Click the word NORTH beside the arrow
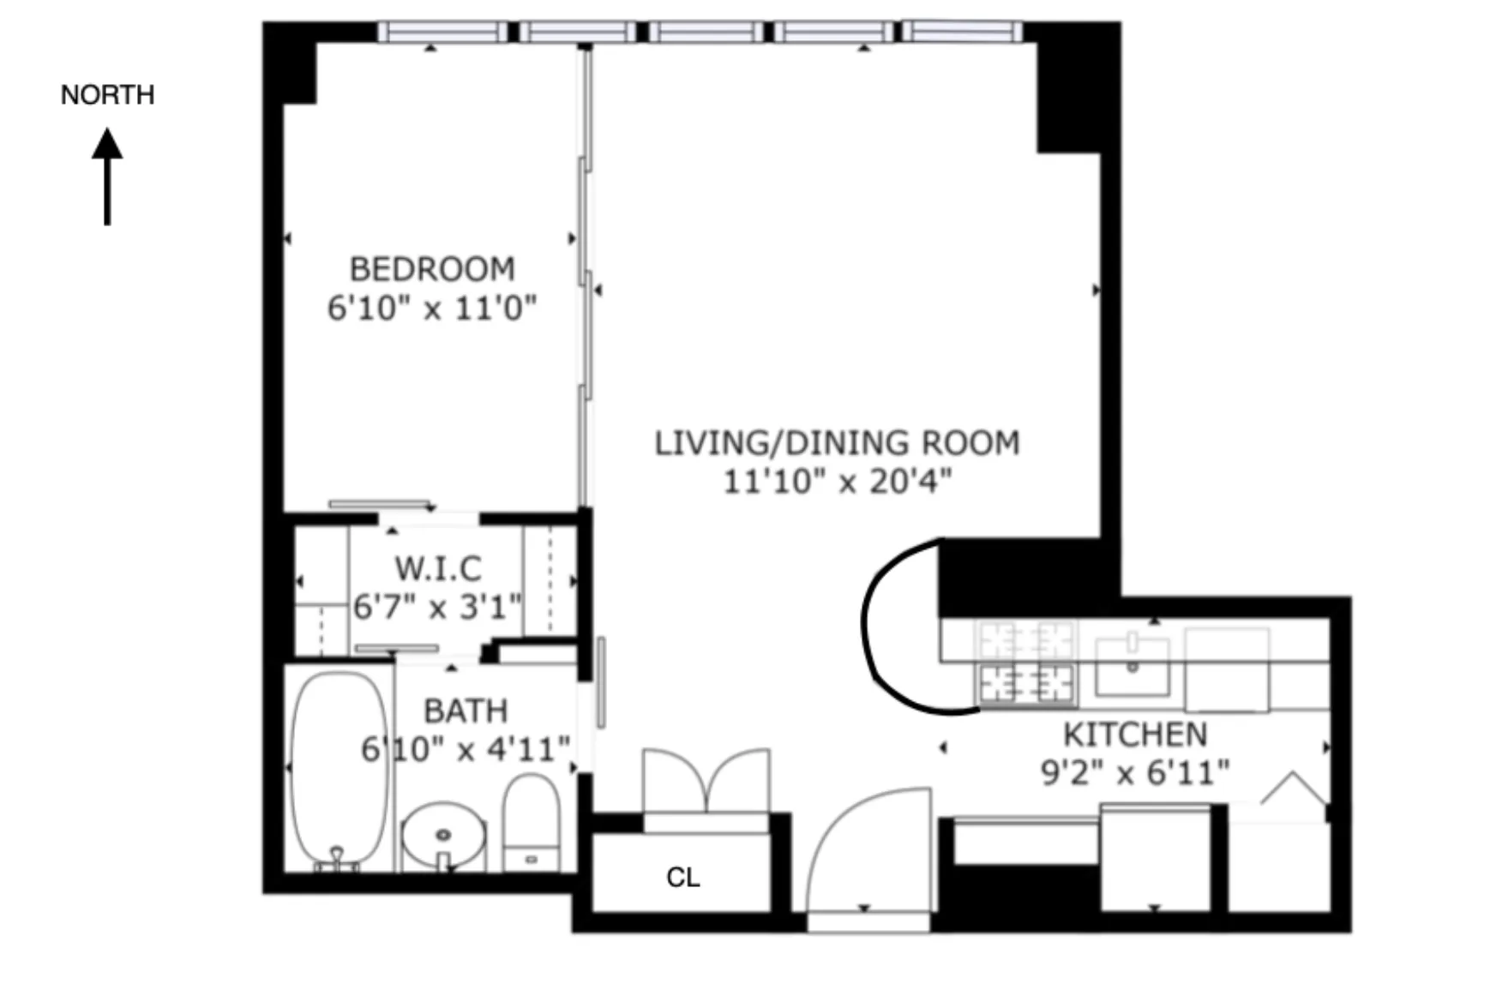[107, 94]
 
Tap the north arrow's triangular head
[107, 144]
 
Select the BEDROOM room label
[432, 269]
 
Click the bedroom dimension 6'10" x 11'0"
[432, 308]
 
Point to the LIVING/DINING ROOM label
[837, 443]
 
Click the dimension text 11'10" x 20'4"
[837, 482]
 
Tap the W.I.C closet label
[437, 568]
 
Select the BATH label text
[466, 711]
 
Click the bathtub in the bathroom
[339, 767]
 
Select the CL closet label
[683, 877]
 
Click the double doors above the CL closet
[706, 780]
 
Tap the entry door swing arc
[866, 849]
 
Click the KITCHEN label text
[1135, 735]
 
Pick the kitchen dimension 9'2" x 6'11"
[1135, 773]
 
